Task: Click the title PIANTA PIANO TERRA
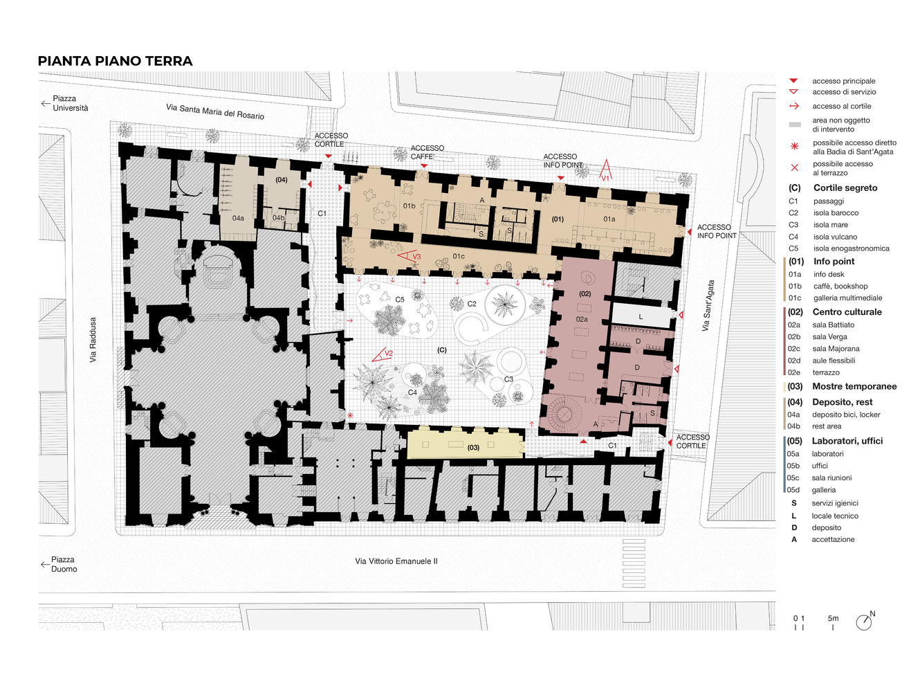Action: (115, 61)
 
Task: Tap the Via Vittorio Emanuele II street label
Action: (396, 561)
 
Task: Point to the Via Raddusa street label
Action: (93, 339)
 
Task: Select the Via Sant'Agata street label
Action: (708, 305)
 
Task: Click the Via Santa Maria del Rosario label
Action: (215, 111)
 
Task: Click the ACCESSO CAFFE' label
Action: (427, 152)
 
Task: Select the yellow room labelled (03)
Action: (466, 443)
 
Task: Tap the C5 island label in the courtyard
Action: (399, 300)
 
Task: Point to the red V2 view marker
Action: (382, 354)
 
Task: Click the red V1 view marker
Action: (605, 170)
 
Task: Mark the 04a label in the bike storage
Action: (238, 218)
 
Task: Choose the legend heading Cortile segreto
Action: (845, 188)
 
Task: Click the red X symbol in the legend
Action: (794, 167)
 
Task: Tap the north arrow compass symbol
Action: (864, 621)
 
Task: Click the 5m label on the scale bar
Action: (833, 618)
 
